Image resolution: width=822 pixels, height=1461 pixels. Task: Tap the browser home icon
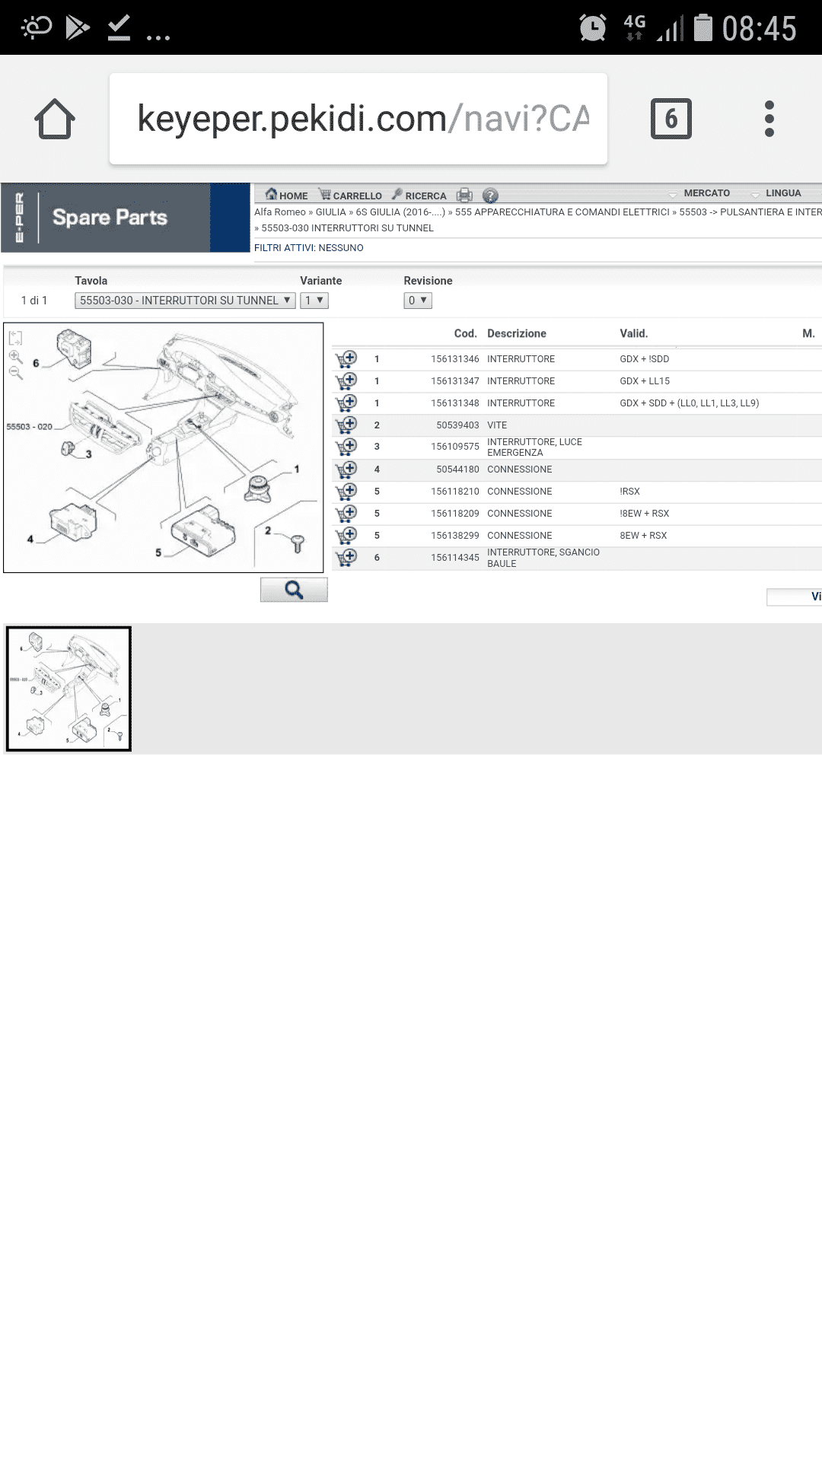55,119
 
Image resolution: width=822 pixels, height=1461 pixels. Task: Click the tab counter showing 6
671,119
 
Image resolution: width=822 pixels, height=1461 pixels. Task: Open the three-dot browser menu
769,119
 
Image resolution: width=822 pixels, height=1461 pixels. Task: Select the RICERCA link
419,196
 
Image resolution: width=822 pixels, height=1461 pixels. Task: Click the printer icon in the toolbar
464,196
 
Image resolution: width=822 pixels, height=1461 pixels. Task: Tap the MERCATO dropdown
699,193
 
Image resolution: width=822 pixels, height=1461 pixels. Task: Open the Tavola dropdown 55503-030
185,301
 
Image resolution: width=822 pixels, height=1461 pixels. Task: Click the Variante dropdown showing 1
314,301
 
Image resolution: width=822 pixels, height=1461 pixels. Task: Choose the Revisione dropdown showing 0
418,301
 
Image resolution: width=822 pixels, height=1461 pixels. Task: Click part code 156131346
455,359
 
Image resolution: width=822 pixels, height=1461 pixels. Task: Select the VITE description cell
497,425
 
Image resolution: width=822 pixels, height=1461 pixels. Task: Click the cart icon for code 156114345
346,558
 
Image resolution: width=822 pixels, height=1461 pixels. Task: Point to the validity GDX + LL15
645,381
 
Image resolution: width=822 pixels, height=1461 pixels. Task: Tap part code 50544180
457,469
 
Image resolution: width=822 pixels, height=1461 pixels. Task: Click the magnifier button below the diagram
294,590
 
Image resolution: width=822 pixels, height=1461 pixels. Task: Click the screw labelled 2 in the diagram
298,543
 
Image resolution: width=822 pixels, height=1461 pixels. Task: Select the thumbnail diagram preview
68,689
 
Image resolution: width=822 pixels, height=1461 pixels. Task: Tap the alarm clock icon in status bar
593,28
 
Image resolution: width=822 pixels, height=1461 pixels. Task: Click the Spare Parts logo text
110,218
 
